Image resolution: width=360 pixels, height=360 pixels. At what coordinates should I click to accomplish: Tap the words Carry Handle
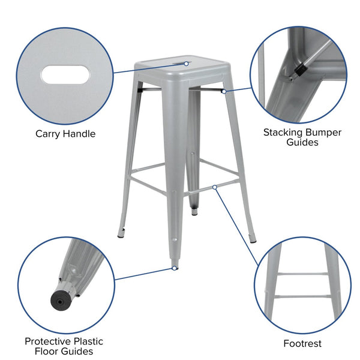pyautogui.click(x=65, y=134)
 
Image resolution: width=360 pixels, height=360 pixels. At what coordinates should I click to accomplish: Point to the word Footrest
pyautogui.click(x=302, y=344)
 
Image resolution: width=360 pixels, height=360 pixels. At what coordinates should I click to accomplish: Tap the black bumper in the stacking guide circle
pyautogui.click(x=299, y=71)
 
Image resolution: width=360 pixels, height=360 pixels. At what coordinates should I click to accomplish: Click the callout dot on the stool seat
pyautogui.click(x=187, y=64)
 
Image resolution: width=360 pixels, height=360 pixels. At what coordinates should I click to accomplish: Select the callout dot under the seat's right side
pyautogui.click(x=223, y=91)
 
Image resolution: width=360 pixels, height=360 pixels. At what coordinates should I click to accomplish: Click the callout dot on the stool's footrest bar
pyautogui.click(x=215, y=187)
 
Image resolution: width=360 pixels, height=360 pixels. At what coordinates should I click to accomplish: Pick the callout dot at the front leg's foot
pyautogui.click(x=175, y=268)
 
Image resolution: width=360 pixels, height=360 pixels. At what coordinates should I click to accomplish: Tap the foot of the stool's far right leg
pyautogui.click(x=253, y=239)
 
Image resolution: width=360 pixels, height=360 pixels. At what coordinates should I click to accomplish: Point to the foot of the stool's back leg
pyautogui.click(x=194, y=212)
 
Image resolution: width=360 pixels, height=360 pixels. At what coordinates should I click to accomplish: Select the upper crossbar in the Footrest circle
pyautogui.click(x=302, y=274)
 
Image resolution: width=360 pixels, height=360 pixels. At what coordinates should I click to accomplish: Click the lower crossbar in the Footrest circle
pyautogui.click(x=302, y=296)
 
